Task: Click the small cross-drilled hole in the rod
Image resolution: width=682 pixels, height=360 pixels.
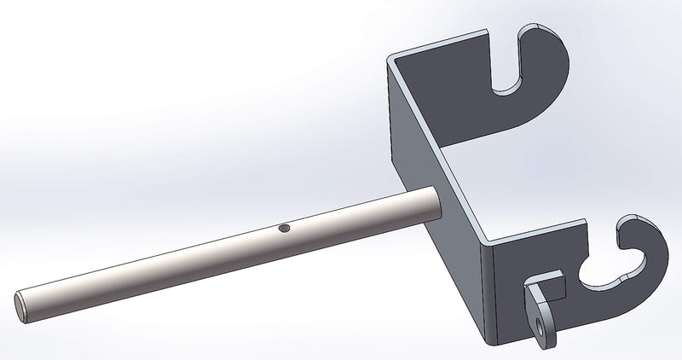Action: [285, 229]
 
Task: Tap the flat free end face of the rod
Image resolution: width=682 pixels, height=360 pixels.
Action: [21, 301]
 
